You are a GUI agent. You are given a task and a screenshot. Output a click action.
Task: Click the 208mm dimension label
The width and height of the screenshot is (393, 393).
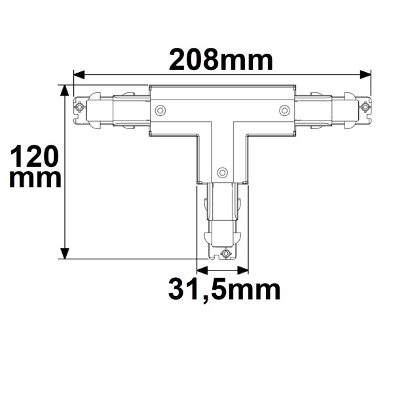[221, 60]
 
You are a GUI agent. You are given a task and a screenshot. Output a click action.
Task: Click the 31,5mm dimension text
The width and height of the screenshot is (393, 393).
[223, 289]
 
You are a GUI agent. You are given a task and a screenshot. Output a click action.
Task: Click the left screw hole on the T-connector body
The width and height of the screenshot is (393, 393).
[160, 110]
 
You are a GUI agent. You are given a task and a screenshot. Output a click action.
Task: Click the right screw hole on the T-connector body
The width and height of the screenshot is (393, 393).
[284, 110]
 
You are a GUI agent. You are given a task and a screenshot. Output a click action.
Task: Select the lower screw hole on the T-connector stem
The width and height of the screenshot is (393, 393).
[222, 172]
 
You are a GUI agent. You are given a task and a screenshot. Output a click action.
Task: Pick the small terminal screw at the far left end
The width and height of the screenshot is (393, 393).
[80, 107]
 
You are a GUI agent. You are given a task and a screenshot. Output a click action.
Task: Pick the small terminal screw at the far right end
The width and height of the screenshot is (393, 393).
[364, 107]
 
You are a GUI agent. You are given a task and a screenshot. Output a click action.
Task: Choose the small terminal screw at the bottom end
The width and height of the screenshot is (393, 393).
[225, 253]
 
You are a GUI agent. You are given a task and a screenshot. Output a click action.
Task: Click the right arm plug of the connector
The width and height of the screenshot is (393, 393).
[331, 109]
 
